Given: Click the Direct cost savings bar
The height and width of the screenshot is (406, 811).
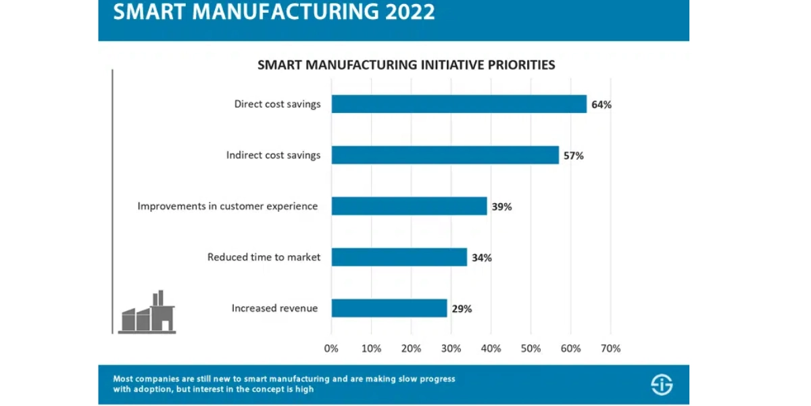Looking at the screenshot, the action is point(459,104).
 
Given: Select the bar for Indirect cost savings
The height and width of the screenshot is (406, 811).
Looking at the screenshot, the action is point(445,155).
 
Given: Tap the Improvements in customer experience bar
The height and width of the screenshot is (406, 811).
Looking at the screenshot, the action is point(409,206).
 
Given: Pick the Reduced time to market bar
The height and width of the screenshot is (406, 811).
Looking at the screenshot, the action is point(399,257).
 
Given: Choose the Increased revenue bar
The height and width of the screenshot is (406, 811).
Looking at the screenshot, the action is point(389,308).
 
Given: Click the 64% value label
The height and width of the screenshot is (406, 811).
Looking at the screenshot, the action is point(601,105).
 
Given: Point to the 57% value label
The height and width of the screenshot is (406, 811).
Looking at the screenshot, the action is point(574,156).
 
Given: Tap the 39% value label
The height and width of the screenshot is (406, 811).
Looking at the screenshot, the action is point(501,206).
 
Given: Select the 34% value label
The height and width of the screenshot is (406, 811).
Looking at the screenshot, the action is point(482,258).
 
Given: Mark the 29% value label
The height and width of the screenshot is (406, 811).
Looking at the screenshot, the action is point(462,309).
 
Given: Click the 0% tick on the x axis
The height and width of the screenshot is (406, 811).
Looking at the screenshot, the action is point(331,348).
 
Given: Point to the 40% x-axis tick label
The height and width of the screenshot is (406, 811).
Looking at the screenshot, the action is point(491,348).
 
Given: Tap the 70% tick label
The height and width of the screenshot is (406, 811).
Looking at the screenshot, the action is point(611,348).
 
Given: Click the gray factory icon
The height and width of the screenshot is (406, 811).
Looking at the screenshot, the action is point(147,312).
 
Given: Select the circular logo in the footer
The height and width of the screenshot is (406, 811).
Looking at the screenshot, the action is point(662,384).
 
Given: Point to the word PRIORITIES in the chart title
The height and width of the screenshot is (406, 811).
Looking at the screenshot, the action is point(521,65).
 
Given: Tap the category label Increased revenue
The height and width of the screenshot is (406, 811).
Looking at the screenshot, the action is point(275,308).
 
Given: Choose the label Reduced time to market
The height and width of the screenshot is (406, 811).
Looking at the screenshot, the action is point(264,257).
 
